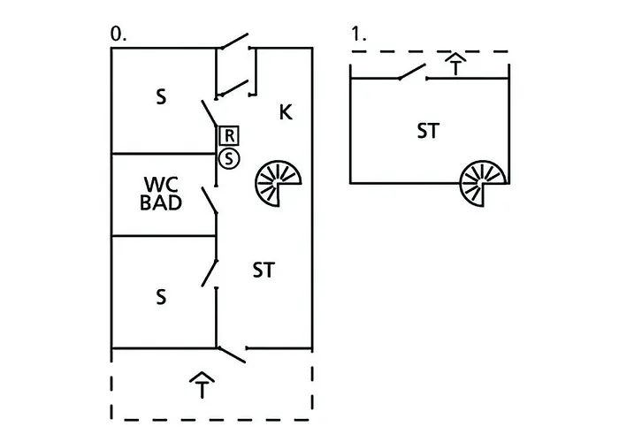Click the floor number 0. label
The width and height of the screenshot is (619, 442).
click(118, 33)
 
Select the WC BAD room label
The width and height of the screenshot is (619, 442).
click(162, 194)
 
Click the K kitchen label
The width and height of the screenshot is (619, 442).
click(286, 112)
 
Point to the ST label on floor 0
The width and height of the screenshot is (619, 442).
click(263, 271)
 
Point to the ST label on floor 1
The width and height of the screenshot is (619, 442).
click(429, 132)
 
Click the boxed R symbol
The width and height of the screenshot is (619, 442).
click(228, 135)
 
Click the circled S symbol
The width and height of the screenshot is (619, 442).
click(228, 158)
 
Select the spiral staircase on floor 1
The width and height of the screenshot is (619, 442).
click(483, 184)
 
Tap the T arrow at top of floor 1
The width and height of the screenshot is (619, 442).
click(455, 64)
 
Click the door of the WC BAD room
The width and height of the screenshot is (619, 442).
click(211, 200)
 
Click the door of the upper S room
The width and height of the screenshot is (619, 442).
click(210, 113)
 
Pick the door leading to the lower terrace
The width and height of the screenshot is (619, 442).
click(232, 354)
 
